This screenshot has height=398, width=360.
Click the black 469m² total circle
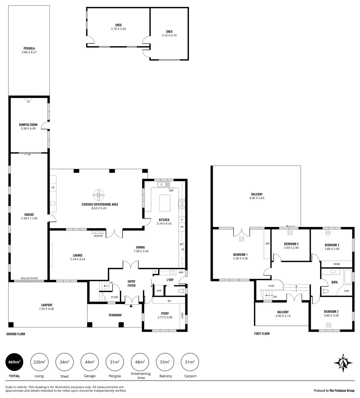point(14,362)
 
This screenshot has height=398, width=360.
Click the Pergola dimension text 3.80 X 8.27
point(29,52)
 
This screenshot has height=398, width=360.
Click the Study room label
point(165,313)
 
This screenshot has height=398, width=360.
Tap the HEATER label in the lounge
point(98,236)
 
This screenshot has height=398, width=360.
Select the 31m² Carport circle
point(190,362)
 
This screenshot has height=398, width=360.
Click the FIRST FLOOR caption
point(262,334)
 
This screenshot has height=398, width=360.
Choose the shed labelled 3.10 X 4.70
point(169,34)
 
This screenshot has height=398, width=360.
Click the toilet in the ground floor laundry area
point(180,291)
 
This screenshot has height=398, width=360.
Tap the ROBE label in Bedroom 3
point(336,264)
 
